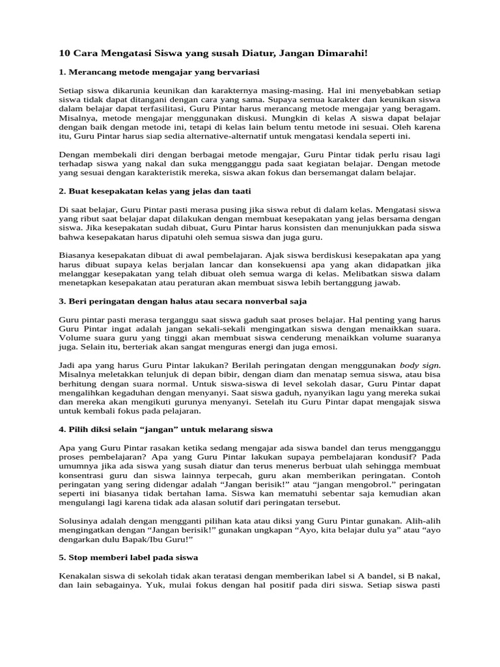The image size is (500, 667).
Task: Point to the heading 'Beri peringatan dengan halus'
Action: click(x=182, y=302)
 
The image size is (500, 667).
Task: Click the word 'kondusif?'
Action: click(x=398, y=458)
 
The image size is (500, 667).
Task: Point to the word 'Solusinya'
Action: click(x=80, y=522)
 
